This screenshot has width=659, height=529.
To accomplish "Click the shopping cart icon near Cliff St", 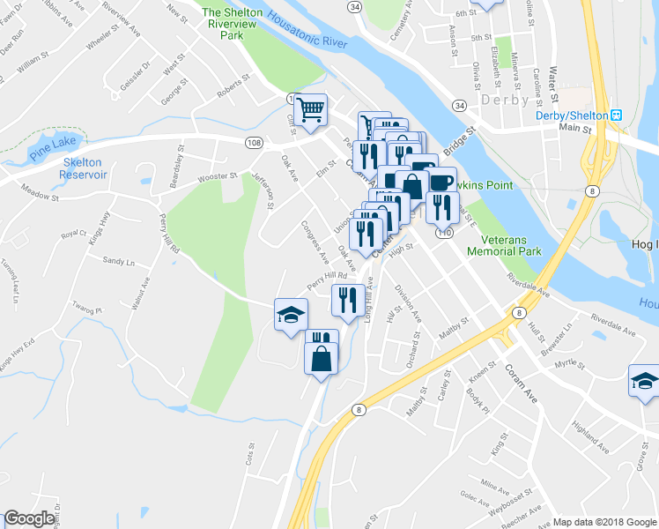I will [310, 110].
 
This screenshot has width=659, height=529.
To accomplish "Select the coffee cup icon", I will [441, 183].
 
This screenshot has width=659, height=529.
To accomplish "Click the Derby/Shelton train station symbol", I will [618, 115].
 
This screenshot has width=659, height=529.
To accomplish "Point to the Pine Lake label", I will [55, 140].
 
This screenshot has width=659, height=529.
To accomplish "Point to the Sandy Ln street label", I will [118, 262].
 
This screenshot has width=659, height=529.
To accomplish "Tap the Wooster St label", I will [219, 177].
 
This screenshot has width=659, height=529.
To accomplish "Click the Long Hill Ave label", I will [369, 300].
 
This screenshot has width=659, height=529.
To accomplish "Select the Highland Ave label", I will [589, 437].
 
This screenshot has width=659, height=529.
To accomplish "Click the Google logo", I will [29, 518].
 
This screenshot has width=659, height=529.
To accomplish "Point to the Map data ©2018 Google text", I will [604, 522].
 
